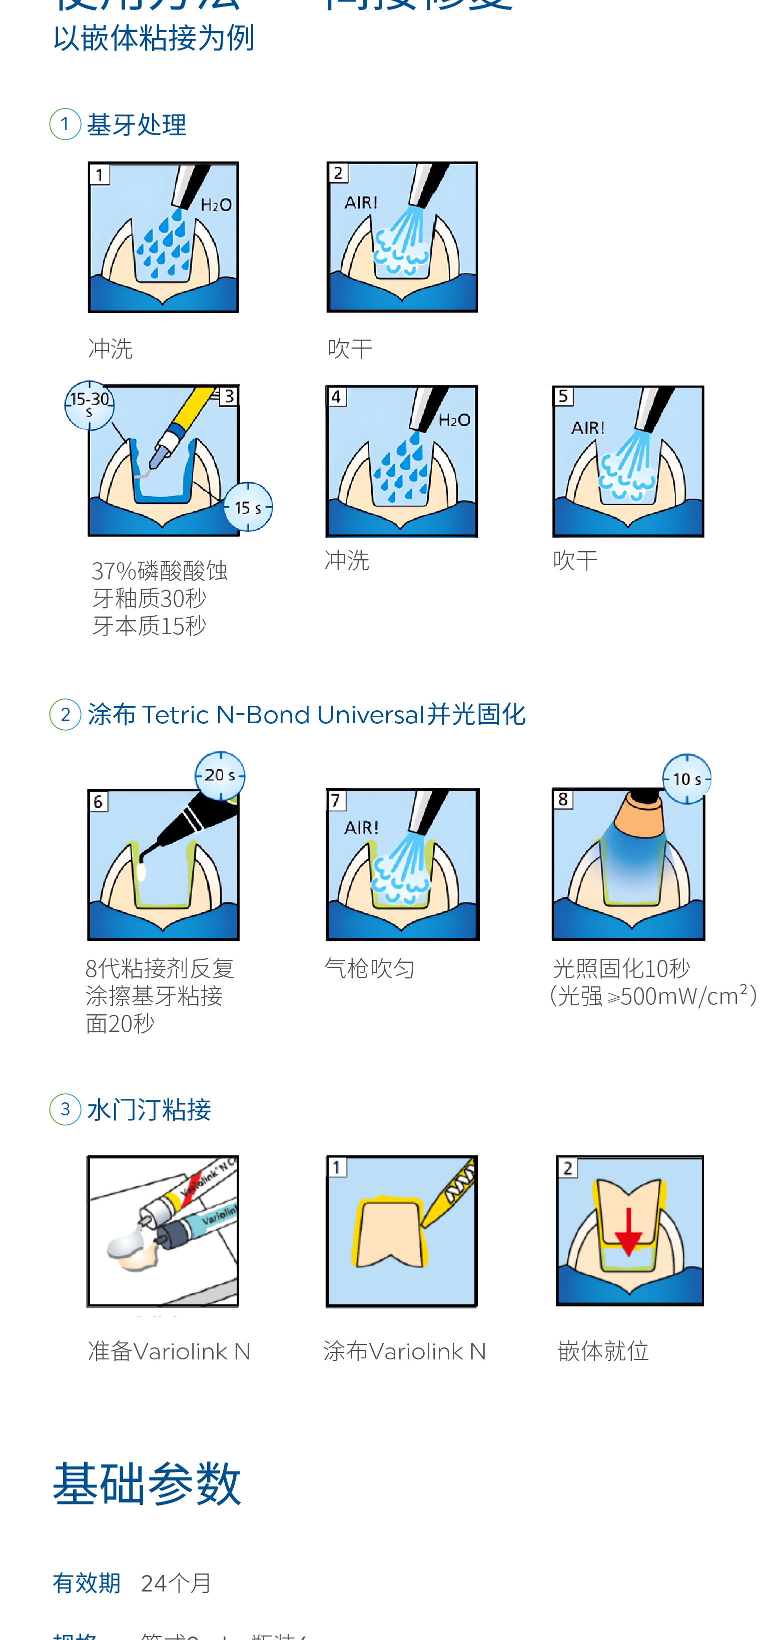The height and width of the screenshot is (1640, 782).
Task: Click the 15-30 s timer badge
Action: click(x=89, y=405)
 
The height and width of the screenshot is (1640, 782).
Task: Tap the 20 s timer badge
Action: click(x=220, y=775)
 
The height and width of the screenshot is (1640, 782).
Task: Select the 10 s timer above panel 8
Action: click(x=686, y=779)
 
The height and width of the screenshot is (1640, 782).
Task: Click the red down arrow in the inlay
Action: click(x=628, y=1232)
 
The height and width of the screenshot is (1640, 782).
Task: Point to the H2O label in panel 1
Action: click(x=216, y=205)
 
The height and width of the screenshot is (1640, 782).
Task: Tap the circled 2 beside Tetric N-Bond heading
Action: click(x=65, y=714)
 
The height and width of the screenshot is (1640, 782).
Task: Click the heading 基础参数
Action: click(x=147, y=1483)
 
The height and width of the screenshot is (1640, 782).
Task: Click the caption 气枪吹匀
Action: click(x=369, y=968)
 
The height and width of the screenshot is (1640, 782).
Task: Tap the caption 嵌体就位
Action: click(x=602, y=1350)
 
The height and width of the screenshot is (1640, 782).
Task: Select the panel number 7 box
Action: click(x=336, y=800)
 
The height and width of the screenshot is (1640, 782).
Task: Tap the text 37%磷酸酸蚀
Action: click(x=159, y=571)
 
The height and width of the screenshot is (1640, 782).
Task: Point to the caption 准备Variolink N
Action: click(x=169, y=1350)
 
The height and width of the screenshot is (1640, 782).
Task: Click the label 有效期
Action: click(x=87, y=1582)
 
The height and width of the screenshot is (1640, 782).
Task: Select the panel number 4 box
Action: click(x=336, y=397)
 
